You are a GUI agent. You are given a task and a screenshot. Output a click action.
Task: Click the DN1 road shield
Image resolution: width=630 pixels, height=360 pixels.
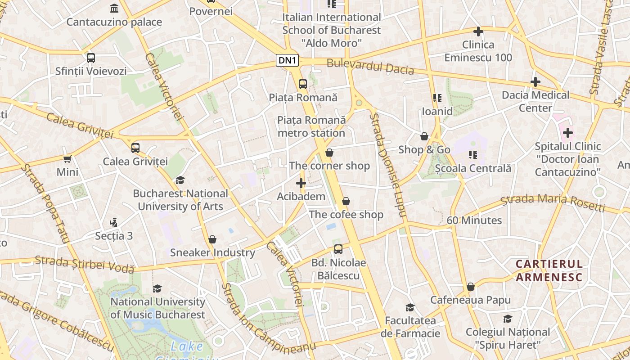(288, 60)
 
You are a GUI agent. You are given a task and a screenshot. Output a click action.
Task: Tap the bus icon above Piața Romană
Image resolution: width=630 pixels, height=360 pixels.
(303, 84)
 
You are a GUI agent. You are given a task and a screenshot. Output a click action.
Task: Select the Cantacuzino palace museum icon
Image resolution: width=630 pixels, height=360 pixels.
(114, 9)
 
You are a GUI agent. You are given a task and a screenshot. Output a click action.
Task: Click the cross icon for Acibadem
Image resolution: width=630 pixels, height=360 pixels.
(301, 183)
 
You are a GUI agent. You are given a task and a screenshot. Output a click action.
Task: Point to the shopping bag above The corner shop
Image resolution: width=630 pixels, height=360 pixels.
(329, 153)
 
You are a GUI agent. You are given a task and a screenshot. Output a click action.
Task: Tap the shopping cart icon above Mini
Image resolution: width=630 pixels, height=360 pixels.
(67, 159)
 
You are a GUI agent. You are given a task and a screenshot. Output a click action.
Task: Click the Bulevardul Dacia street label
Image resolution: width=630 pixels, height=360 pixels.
(370, 67)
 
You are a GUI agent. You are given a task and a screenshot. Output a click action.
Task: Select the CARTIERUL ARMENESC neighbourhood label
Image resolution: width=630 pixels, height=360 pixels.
(549, 270)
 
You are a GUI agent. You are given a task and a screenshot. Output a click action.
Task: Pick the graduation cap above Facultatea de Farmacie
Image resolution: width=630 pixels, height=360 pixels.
(410, 307)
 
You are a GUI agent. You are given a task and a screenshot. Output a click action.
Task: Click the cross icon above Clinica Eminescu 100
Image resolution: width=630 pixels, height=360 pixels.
(478, 31)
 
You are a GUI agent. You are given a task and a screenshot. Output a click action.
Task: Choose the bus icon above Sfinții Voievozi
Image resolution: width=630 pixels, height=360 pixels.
(91, 58)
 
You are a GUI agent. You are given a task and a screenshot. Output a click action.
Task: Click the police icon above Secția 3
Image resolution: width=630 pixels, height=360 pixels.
(114, 222)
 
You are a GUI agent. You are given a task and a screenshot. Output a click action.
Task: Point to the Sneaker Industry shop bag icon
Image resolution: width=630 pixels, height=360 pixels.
(212, 239)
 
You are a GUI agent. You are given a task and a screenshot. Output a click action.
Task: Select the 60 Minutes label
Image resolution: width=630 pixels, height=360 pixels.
(474, 220)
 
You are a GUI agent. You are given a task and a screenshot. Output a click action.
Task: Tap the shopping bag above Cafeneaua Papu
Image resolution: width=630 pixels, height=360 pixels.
(471, 287)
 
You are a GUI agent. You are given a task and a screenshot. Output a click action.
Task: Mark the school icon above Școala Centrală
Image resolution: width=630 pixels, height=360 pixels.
(473, 155)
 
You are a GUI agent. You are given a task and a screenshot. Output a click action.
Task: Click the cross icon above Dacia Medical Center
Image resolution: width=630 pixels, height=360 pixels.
(535, 82)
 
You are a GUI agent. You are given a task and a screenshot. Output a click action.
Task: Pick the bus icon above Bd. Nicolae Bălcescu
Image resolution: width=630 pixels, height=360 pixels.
(338, 249)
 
